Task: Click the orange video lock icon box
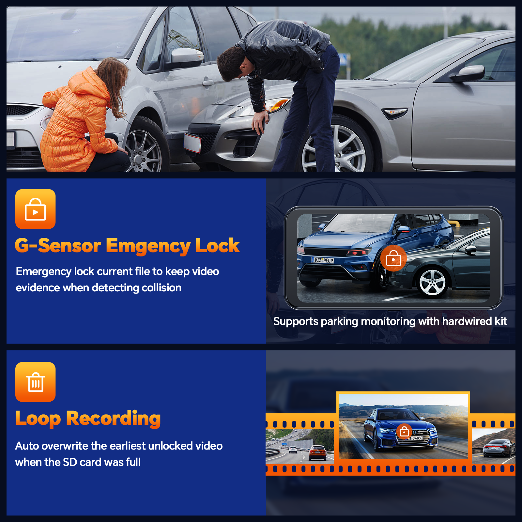coord(35,209)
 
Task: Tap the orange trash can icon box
coord(35,382)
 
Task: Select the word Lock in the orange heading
coord(217,245)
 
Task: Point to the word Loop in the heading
coord(38,419)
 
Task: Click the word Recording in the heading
coord(113,419)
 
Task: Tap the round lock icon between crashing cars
coord(393,258)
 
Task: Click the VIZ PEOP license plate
coord(323,260)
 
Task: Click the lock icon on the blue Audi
coord(404,432)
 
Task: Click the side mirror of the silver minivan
coord(187,55)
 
